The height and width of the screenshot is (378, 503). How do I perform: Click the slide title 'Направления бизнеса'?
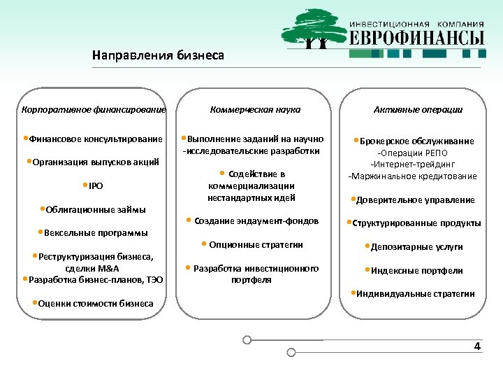pyautogui.click(x=158, y=55)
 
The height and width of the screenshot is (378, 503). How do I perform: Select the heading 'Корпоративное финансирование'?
pyautogui.click(x=94, y=110)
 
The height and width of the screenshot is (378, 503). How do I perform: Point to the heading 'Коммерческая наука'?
pyautogui.click(x=256, y=110)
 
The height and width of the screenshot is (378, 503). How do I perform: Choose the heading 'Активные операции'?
pyautogui.click(x=418, y=110)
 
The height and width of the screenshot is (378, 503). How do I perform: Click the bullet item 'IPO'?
pyautogui.click(x=96, y=186)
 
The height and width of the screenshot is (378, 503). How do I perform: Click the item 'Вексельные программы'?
pyautogui.click(x=95, y=233)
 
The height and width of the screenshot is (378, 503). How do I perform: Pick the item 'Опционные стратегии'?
pyautogui.click(x=255, y=245)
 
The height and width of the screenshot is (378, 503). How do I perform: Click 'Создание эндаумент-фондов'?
pyautogui.click(x=255, y=221)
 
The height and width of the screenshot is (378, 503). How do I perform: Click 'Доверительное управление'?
pyautogui.click(x=415, y=200)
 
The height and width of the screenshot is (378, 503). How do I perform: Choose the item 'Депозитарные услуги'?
pyautogui.click(x=416, y=247)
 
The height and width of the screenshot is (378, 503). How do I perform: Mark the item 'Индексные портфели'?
pyautogui.click(x=416, y=271)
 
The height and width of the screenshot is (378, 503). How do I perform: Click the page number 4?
pyautogui.click(x=477, y=346)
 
